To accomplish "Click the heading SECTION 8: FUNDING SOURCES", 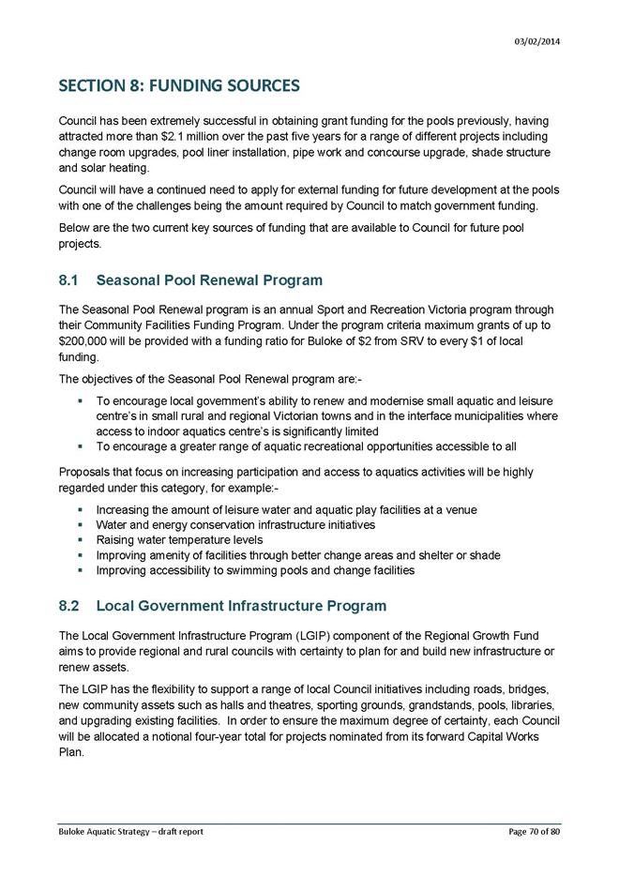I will pyautogui.click(x=179, y=86).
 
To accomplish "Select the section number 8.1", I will pyautogui.click(x=70, y=279).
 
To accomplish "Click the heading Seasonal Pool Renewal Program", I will pyautogui.click(x=210, y=279).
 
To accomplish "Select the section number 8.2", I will pyautogui.click(x=70, y=606).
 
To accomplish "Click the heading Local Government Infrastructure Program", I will pyautogui.click(x=242, y=606).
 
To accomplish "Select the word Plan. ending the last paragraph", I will pyautogui.click(x=72, y=749).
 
